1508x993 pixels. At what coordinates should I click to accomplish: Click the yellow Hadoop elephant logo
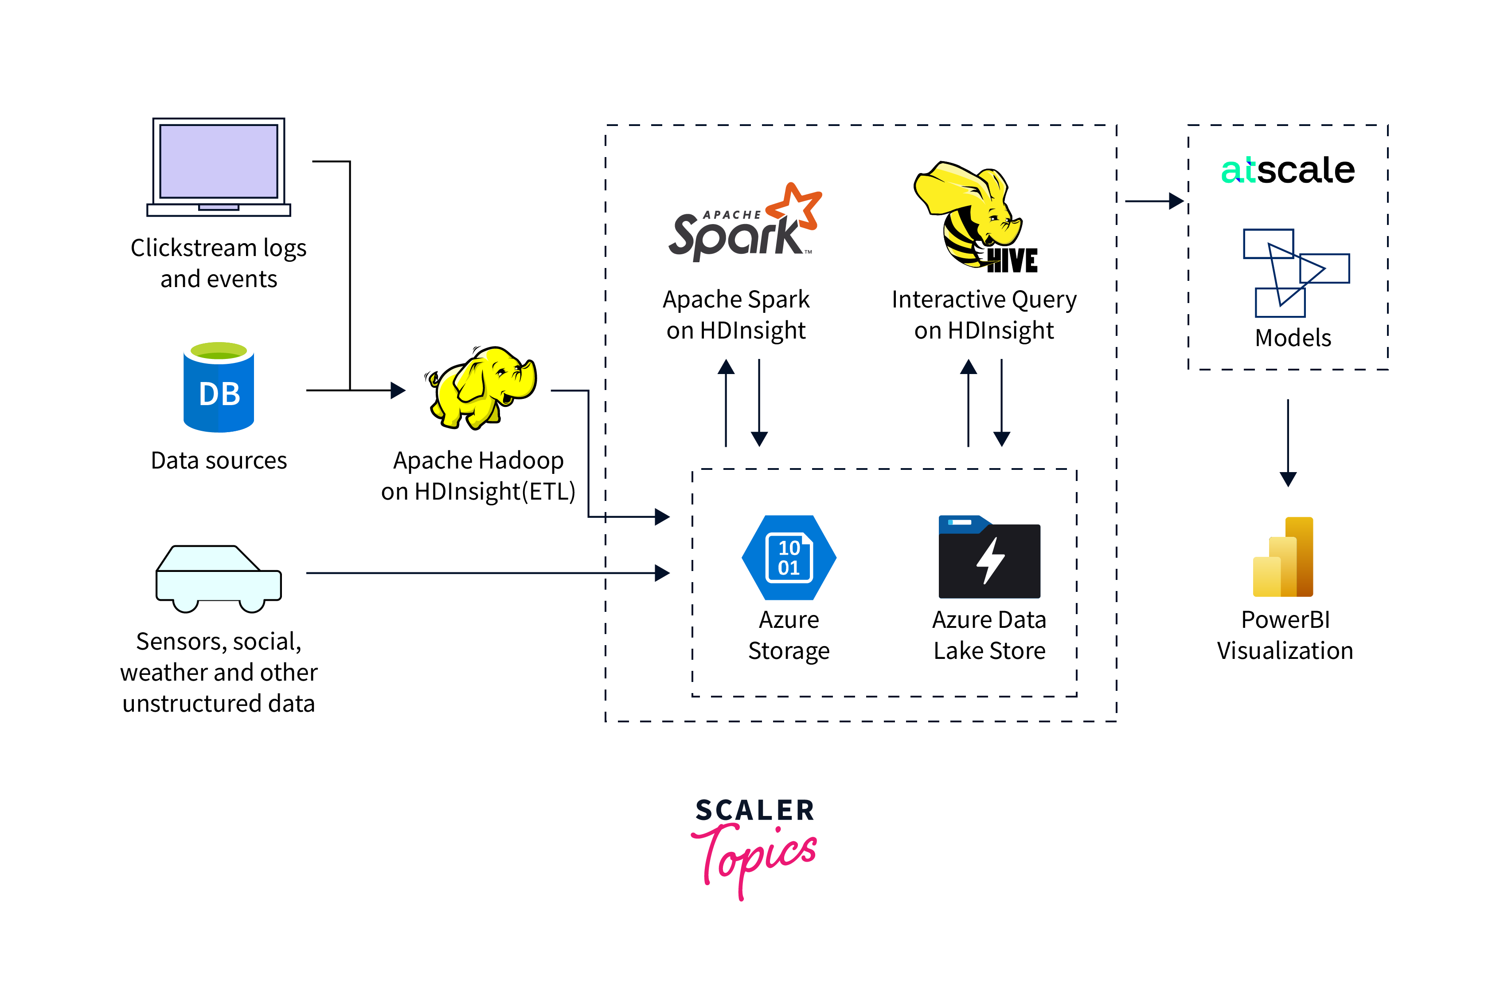point(481,387)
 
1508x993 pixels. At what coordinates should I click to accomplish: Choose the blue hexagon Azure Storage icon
point(789,557)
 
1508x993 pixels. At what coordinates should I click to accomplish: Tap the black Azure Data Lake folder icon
point(989,557)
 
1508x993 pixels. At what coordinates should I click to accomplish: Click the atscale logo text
point(1288,170)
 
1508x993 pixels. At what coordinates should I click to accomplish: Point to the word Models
point(1293,338)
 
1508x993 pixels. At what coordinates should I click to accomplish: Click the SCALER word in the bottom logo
point(754,810)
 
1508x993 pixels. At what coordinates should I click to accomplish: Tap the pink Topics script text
point(754,856)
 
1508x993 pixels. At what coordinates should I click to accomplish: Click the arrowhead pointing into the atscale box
point(1176,201)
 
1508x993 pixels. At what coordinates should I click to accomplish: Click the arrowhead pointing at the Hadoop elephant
point(398,390)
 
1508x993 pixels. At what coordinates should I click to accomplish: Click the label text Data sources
point(219,461)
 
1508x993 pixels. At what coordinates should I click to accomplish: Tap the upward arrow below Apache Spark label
point(726,402)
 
